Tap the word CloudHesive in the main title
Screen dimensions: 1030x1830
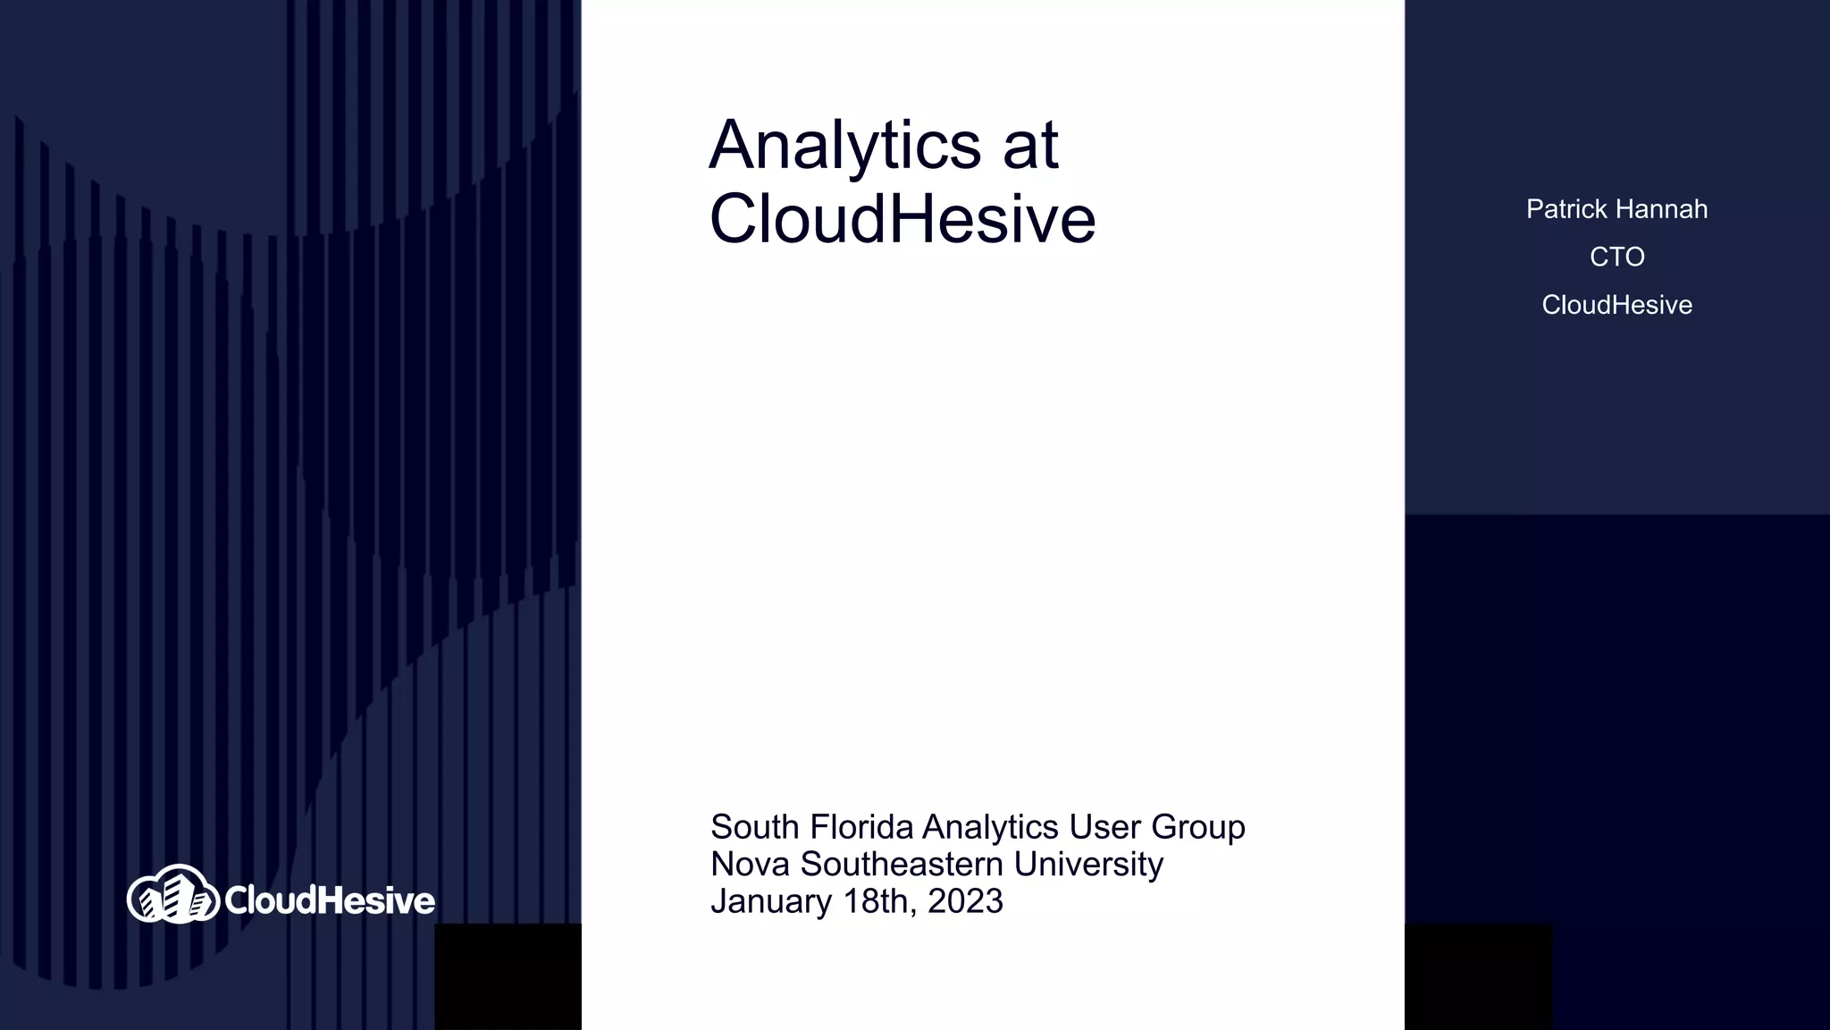pyautogui.click(x=902, y=219)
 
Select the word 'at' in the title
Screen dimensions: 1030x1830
pyautogui.click(x=1030, y=145)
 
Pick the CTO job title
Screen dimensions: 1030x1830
pyautogui.click(x=1616, y=257)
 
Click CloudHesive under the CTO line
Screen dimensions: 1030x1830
pyautogui.click(x=1616, y=305)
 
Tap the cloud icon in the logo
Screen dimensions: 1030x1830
pyautogui.click(x=172, y=894)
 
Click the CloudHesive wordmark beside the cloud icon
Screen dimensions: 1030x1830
pyautogui.click(x=330, y=900)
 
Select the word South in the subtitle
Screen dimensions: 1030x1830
pyautogui.click(x=754, y=827)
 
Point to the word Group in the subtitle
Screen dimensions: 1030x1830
pyautogui.click(x=1197, y=827)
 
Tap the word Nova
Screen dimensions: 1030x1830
pyautogui.click(x=750, y=865)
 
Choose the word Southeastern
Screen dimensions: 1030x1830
pyautogui.click(x=902, y=865)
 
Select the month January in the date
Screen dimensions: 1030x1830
pyautogui.click(x=771, y=901)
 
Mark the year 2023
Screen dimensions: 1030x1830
pyautogui.click(x=965, y=901)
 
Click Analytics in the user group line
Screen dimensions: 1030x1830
pyautogui.click(x=990, y=827)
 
